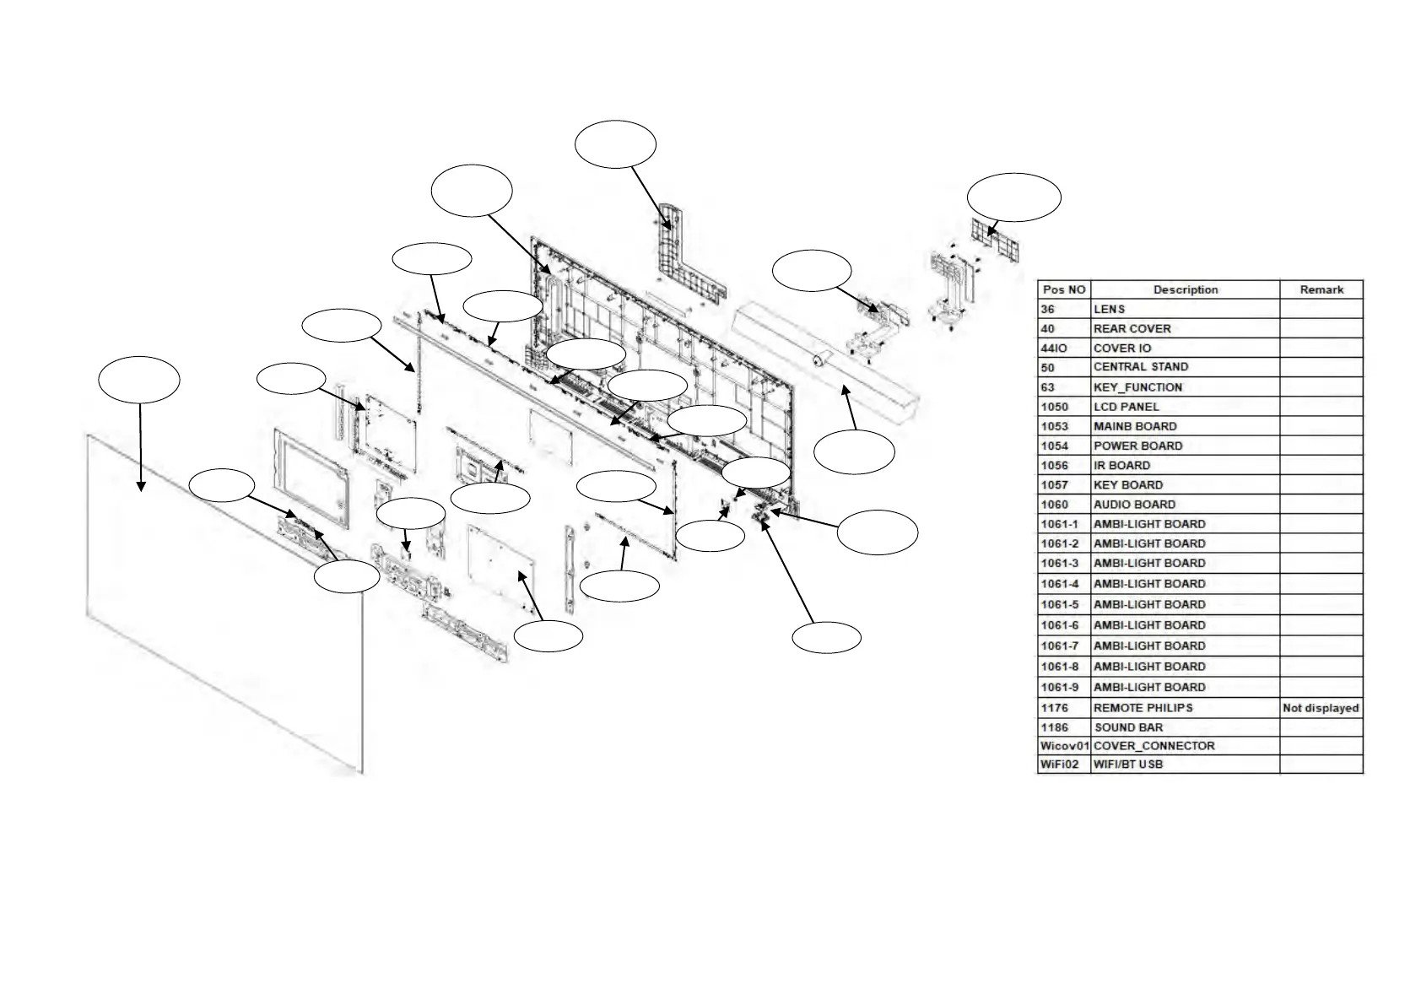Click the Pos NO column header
1063,289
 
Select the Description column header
1185,289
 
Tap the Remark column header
1321,289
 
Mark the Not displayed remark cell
1321,708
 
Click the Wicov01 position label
1065,746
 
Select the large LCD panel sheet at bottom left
224,608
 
